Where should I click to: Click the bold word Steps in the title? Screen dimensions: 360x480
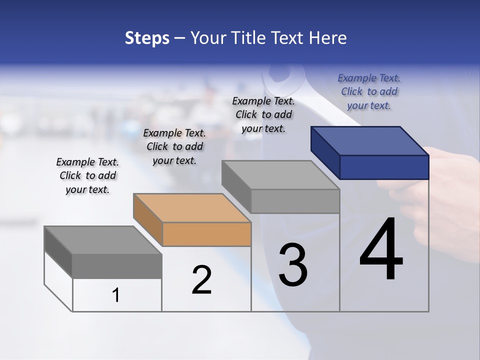(x=147, y=38)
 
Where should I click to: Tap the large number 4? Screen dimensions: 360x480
(x=381, y=250)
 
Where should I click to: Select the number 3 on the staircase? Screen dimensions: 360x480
(x=293, y=265)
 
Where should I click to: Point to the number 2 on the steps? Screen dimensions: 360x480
(x=201, y=280)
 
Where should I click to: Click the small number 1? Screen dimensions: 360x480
(x=116, y=295)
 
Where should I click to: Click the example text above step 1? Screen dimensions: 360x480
(x=87, y=175)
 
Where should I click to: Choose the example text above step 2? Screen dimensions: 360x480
(x=174, y=146)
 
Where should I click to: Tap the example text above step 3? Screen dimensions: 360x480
(x=263, y=114)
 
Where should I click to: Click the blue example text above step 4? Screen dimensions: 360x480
(x=369, y=91)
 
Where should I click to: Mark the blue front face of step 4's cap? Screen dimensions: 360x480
(x=384, y=167)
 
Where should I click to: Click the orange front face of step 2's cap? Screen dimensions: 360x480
(x=206, y=234)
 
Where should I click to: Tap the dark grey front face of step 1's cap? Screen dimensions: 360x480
(x=117, y=266)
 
